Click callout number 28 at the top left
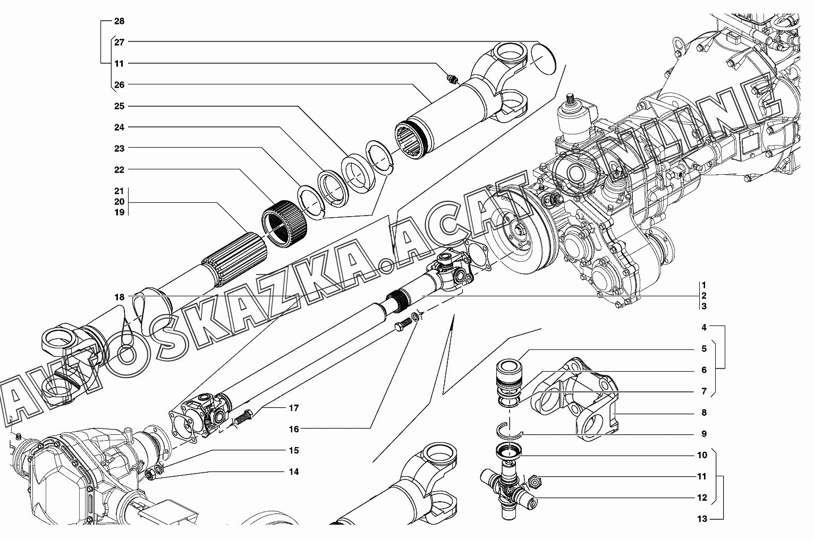click(119, 21)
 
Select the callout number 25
click(119, 106)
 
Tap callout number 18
click(119, 297)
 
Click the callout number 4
click(704, 328)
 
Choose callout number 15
click(294, 450)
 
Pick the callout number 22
click(119, 169)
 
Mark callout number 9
click(704, 434)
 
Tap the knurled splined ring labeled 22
click(285, 224)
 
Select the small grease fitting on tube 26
click(451, 79)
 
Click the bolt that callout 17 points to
click(243, 417)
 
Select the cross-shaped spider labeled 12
click(509, 488)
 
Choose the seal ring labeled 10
click(509, 450)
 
